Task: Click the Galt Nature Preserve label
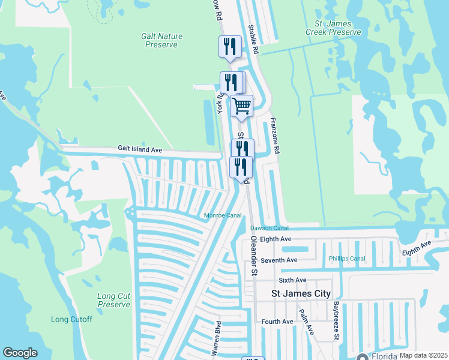point(161,40)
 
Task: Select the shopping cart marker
point(241,106)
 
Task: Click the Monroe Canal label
point(223,215)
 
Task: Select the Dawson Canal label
point(270,228)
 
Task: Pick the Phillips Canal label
point(347,259)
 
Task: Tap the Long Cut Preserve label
point(114,300)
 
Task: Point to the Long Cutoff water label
point(71,319)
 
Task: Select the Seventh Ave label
point(279,260)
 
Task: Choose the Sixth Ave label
point(292,280)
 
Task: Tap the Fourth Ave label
point(277,322)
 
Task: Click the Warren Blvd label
point(217,340)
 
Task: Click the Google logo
point(20,353)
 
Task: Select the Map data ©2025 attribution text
point(423,355)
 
